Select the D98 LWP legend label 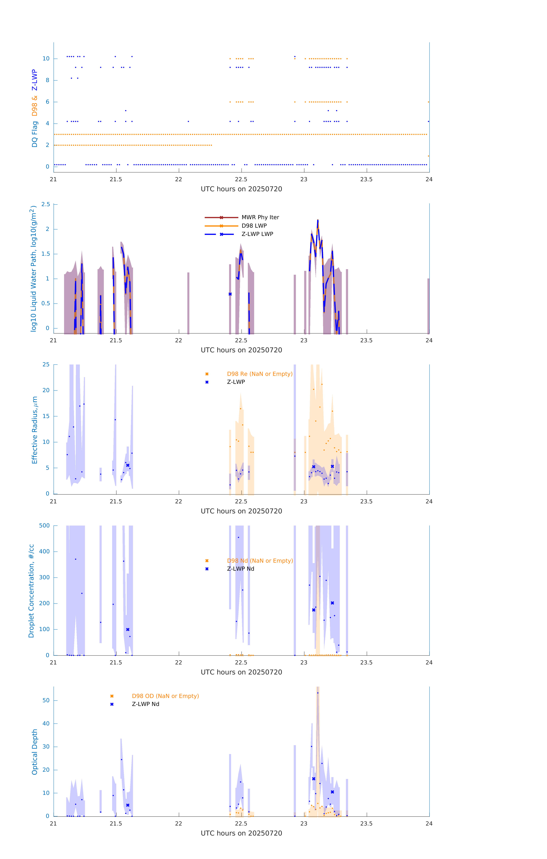pos(254,226)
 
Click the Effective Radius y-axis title pos(35,430)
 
